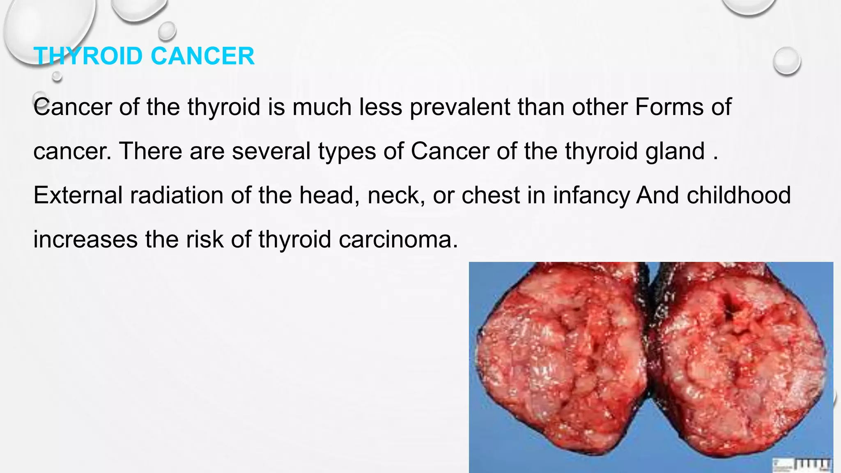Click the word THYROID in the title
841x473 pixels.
click(88, 56)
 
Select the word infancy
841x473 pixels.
click(591, 196)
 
